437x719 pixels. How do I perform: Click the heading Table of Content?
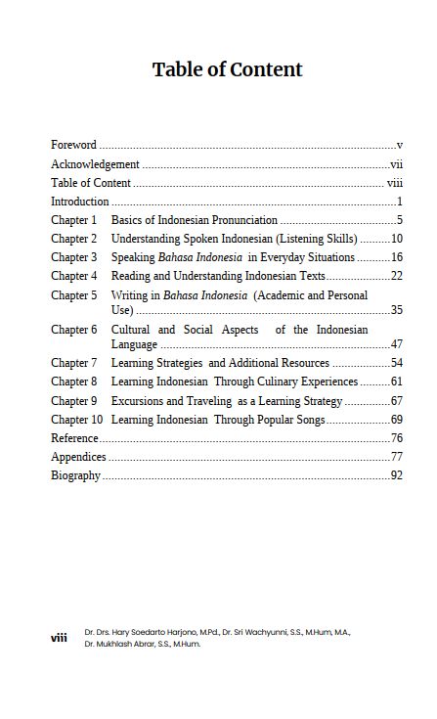227,69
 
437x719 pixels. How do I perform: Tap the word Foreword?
73,145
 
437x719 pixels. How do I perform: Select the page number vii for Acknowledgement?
396,164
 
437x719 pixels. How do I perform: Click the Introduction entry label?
79,202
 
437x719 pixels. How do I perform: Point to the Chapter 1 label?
74,220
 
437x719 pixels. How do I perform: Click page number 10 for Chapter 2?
397,239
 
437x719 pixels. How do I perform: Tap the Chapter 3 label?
74,257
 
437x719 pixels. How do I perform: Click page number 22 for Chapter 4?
397,276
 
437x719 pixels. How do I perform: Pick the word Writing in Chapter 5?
129,295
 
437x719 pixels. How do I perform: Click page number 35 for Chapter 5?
397,310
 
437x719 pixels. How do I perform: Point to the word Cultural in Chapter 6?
132,330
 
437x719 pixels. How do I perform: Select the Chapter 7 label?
74,363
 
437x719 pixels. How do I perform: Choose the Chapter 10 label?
76,420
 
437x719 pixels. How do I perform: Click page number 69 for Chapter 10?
397,420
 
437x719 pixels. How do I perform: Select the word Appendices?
78,457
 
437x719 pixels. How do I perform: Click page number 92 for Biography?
397,475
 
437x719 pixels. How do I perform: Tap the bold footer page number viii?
60,638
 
